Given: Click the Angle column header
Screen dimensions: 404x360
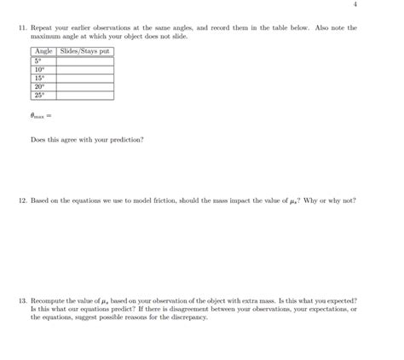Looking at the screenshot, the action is tap(43, 52).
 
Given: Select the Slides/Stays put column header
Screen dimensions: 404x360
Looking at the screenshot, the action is tap(84, 52).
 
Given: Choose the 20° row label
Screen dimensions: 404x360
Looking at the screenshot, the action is tap(39, 87).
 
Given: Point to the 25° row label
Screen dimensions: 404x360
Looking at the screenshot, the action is tap(39, 96).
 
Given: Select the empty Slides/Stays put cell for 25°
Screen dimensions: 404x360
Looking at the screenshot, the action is tap(84, 96).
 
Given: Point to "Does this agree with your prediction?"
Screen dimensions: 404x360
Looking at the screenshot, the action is tap(87, 140).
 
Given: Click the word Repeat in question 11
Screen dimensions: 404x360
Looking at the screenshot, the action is tap(42, 28).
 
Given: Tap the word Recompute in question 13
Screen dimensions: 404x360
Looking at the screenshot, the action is tap(49, 301).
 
